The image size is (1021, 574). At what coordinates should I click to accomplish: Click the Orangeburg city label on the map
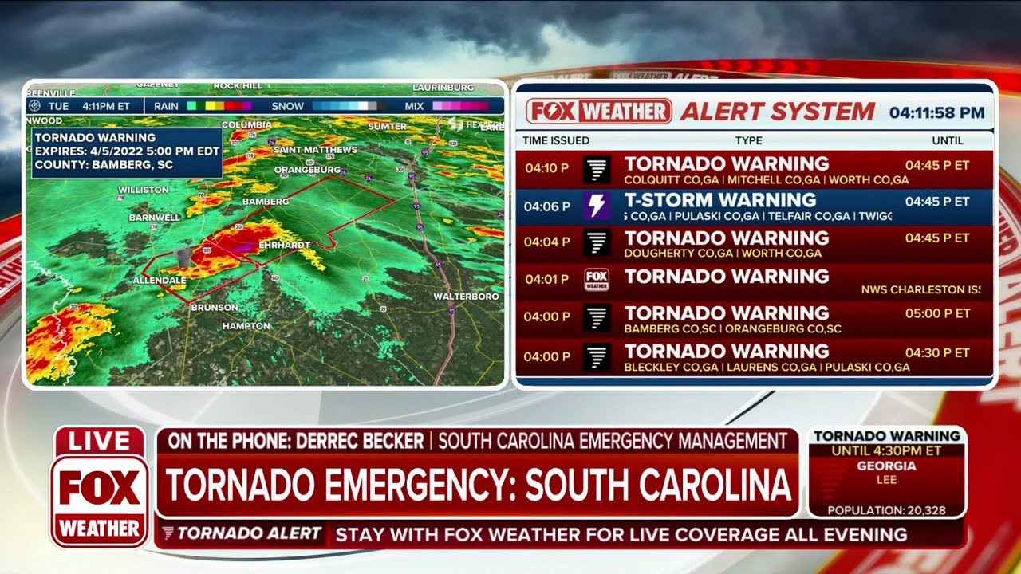pos(307,170)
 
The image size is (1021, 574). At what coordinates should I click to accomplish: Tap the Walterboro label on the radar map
pos(466,297)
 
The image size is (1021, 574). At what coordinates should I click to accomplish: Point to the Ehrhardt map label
pos(286,245)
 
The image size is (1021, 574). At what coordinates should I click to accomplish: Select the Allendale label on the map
pos(160,281)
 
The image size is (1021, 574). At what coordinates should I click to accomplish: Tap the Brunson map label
pos(214,307)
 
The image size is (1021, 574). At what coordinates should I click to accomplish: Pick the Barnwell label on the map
pos(155,217)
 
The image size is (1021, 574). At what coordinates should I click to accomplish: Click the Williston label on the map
pos(144,190)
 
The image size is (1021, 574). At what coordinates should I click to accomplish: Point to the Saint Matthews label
pos(315,150)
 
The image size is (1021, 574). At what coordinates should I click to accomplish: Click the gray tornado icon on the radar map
pos(184,257)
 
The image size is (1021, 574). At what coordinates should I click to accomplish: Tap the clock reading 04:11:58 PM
pos(936,112)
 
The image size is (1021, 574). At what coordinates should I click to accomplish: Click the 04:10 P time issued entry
pos(547,168)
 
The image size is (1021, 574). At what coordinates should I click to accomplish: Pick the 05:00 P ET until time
pos(937,313)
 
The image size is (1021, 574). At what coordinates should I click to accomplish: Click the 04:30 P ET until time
pos(937,352)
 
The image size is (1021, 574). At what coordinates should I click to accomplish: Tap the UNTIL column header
pos(948,140)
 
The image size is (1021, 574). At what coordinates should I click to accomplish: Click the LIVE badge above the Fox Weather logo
pos(100,441)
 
